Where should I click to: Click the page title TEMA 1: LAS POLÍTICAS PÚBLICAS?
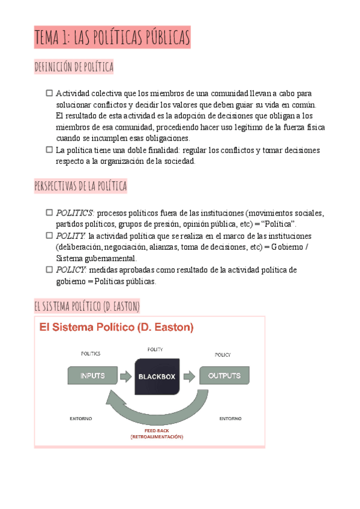112,38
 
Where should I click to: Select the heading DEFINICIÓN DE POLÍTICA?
74,67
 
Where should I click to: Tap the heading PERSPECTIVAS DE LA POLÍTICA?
81,187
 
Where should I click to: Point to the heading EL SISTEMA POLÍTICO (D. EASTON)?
87,307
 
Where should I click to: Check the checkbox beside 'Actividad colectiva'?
49,93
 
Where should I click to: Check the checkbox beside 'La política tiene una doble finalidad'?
49,149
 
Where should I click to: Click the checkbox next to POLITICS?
49,212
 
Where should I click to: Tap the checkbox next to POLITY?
49,235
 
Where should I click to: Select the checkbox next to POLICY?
49,270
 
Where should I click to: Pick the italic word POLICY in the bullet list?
71,270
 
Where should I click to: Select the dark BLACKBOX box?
157,376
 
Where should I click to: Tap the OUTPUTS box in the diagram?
224,376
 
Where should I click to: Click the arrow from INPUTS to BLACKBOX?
125,376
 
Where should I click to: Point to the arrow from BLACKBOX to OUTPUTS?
190,376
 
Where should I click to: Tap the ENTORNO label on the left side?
81,418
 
